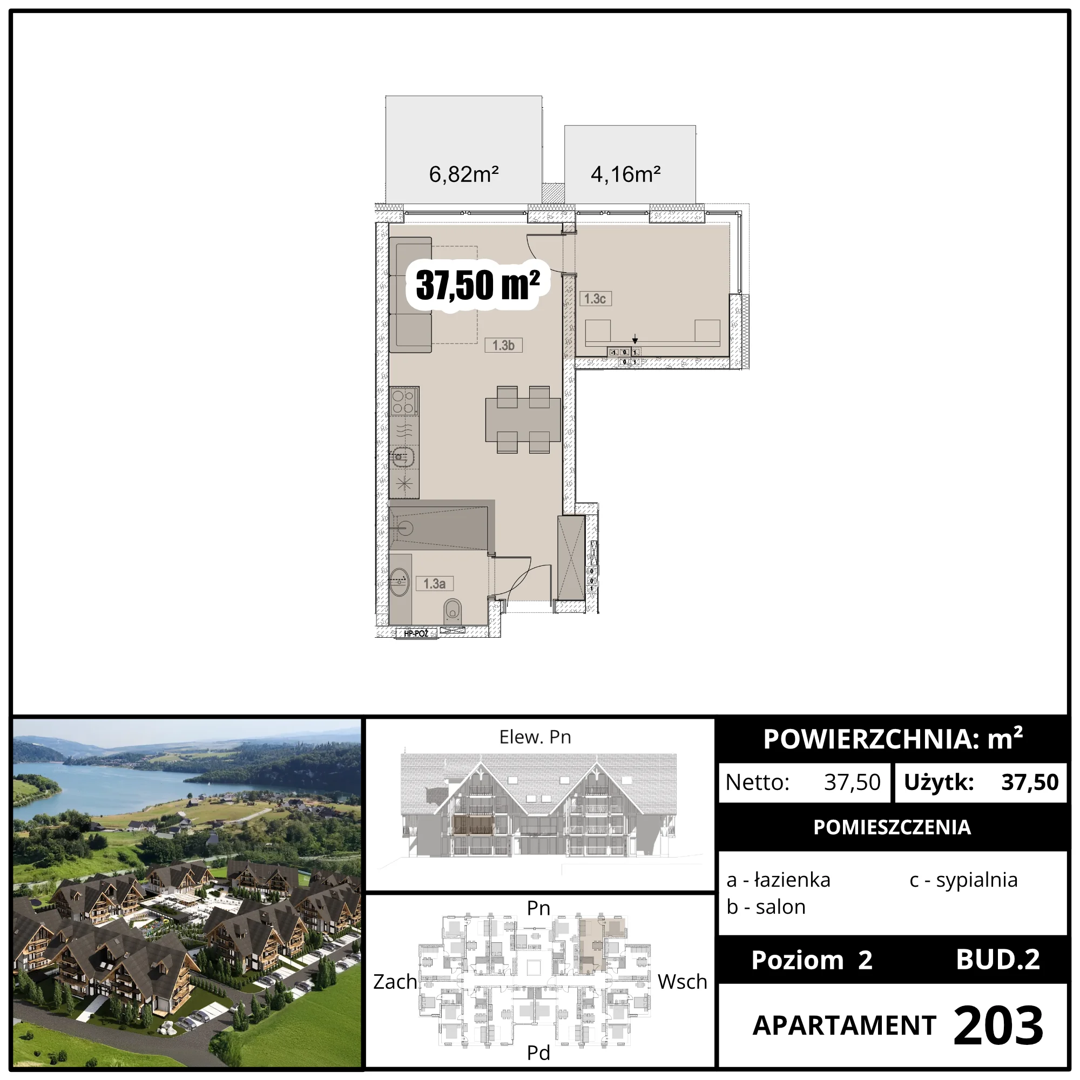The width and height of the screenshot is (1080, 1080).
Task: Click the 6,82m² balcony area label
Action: point(463,174)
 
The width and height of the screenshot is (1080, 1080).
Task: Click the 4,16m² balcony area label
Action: point(625,174)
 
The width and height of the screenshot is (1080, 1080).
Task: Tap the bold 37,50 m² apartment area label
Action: point(478,285)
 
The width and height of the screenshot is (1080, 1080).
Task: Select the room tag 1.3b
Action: point(503,346)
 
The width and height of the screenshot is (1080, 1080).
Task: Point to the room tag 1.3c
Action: point(595,299)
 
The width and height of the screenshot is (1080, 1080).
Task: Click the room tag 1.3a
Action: point(434,584)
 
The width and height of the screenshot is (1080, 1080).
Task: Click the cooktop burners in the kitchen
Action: point(403,402)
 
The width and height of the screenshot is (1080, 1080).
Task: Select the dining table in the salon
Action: point(523,419)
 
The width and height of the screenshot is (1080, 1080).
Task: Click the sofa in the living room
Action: point(410,295)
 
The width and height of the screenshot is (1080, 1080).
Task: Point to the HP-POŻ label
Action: point(416,633)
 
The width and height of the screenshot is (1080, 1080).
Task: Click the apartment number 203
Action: point(998,1025)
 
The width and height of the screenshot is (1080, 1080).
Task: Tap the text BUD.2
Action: point(998,959)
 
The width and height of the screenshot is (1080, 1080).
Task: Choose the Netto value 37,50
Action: point(853,782)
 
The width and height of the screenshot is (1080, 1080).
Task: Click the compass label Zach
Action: point(395,982)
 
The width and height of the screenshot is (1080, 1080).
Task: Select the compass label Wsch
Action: point(683,982)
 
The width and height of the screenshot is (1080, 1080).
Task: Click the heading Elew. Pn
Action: point(535,737)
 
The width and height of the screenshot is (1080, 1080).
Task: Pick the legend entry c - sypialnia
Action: point(963,880)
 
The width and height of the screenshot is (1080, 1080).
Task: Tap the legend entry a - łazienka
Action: point(778,880)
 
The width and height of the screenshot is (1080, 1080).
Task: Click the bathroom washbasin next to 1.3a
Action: point(400,582)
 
